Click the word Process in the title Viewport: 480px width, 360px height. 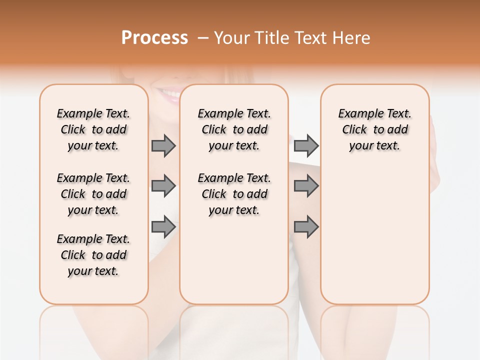point(154,38)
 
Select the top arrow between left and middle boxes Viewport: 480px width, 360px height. point(163,145)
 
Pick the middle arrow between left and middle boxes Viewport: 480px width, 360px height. point(163,186)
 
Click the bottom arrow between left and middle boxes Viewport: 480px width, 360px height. point(163,227)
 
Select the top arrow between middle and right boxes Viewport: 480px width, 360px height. point(306,145)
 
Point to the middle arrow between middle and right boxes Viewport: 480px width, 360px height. point(306,186)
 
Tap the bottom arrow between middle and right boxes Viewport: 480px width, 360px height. point(306,227)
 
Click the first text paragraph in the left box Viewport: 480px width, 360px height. point(93,129)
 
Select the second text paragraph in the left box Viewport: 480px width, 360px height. point(93,194)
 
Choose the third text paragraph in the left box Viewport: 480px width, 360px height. point(93,255)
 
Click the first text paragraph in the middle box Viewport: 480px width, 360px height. point(234,129)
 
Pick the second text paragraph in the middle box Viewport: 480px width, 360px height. point(234,194)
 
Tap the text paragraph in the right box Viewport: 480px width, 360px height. point(375,129)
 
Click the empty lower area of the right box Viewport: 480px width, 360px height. point(375,240)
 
